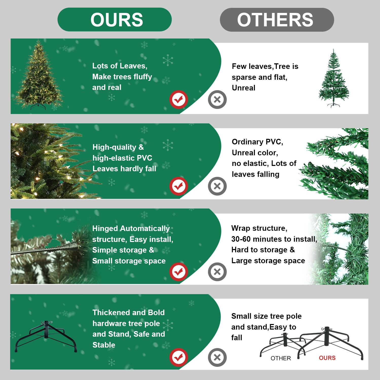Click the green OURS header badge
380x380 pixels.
point(115,20)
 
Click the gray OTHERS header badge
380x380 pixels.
point(277,20)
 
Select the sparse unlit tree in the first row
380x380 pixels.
point(334,79)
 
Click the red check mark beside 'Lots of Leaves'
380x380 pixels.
point(179,99)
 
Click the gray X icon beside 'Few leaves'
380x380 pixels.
point(217,99)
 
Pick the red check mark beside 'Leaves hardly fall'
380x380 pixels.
point(179,186)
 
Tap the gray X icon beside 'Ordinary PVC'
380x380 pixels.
point(217,186)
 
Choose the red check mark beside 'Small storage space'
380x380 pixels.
point(179,272)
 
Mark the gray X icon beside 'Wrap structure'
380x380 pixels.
point(217,272)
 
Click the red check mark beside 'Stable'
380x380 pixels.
point(179,357)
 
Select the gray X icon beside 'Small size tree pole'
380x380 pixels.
point(217,357)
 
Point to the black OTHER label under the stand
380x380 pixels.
point(281,358)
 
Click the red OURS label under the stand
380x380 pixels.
point(327,358)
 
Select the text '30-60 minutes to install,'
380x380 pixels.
point(274,239)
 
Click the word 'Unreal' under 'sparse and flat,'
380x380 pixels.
point(243,88)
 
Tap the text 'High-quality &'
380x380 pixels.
point(118,147)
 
